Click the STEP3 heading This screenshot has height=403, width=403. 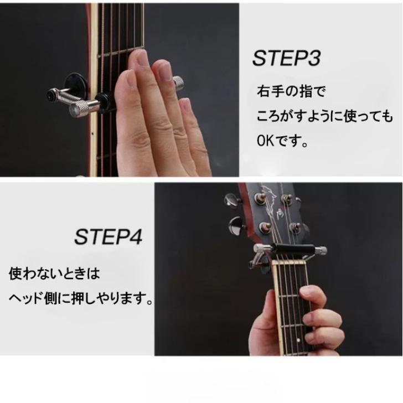[287, 58]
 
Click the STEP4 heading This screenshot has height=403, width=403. [108, 237]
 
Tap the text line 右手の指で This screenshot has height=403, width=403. [291, 91]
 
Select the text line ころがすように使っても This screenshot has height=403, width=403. [325, 116]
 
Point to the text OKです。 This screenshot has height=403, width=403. [282, 141]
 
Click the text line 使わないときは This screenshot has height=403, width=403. [54, 273]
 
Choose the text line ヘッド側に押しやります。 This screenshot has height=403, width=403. [81, 298]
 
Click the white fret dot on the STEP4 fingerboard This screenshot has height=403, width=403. [298, 340]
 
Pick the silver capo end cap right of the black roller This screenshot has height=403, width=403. [321, 250]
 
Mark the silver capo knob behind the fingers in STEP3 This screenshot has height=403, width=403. [178, 83]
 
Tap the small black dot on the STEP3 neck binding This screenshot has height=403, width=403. [92, 133]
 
